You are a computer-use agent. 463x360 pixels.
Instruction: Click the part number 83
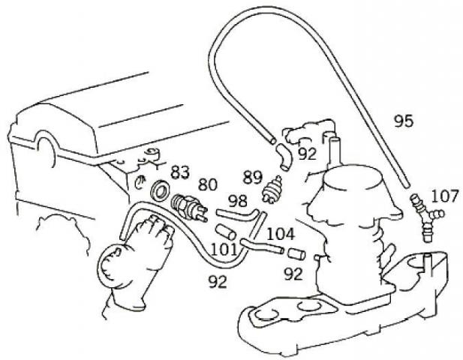pos(179,171)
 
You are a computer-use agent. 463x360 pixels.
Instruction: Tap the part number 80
pos(207,184)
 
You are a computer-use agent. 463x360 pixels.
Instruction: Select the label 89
pos(252,178)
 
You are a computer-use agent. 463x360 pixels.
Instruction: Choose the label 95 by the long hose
pos(403,121)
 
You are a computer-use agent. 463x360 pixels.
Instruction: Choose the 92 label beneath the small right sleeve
pos(293,274)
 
